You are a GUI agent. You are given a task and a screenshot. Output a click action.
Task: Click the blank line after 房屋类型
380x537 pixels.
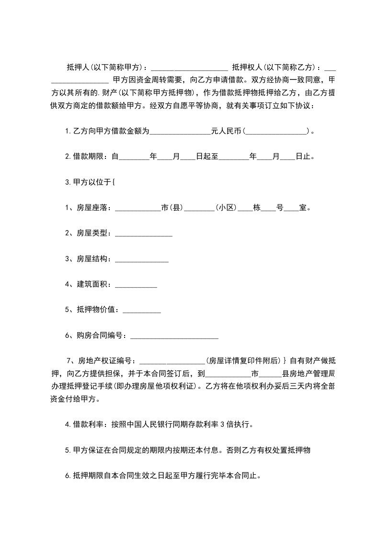pyautogui.click(x=143, y=234)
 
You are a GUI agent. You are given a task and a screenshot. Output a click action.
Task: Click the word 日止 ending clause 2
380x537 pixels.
pyautogui.click(x=302, y=157)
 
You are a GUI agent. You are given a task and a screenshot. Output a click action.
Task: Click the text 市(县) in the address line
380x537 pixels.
pyautogui.click(x=173, y=208)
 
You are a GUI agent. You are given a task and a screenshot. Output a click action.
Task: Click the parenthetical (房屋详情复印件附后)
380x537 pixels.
pyautogui.click(x=243, y=361)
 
